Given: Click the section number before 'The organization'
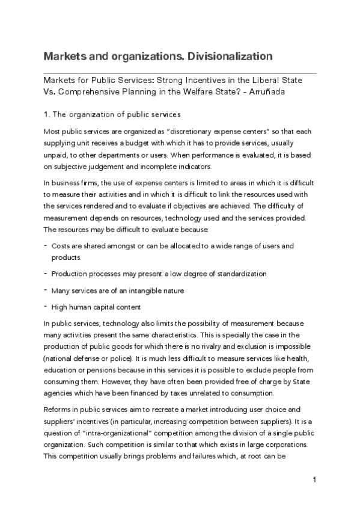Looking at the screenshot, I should click(x=47, y=114).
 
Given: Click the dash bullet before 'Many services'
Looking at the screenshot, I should click(x=46, y=290).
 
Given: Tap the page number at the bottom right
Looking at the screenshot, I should click(x=314, y=480).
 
